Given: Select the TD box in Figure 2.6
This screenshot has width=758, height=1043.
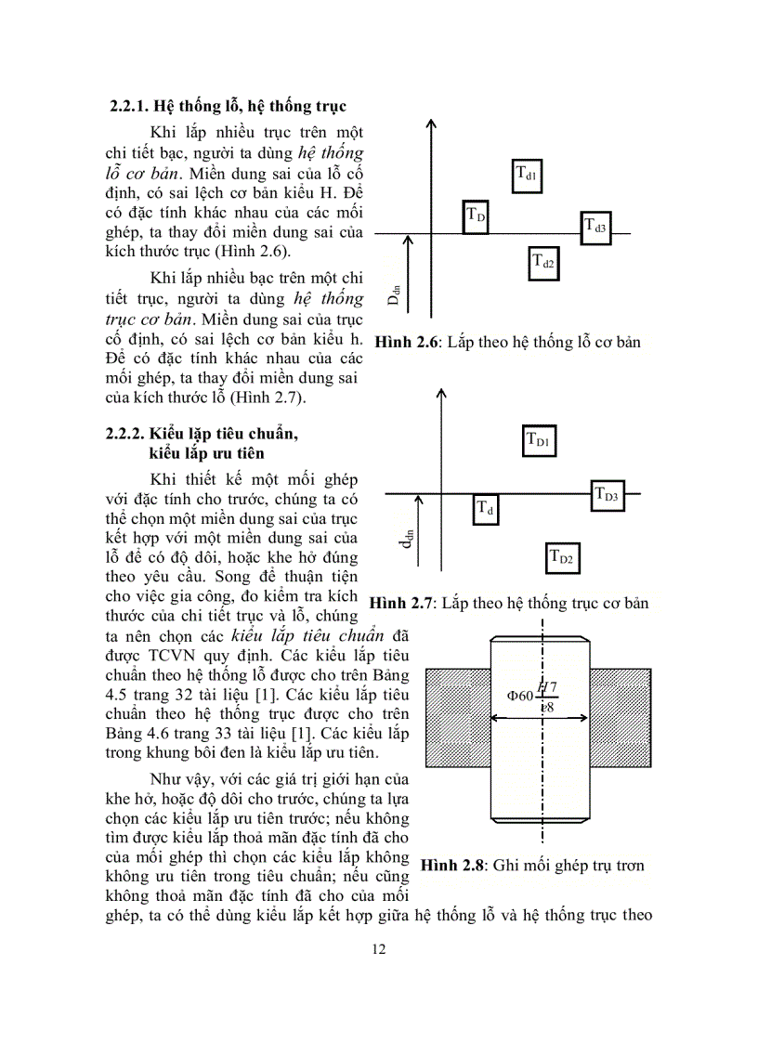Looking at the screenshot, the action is [476, 215].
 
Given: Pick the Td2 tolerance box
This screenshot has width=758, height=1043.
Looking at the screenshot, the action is [544, 264].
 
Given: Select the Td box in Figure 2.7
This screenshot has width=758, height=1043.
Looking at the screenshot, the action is [486, 510].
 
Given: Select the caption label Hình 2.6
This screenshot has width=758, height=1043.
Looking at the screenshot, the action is [407, 343].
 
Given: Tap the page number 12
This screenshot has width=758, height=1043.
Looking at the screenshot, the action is [378, 949].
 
